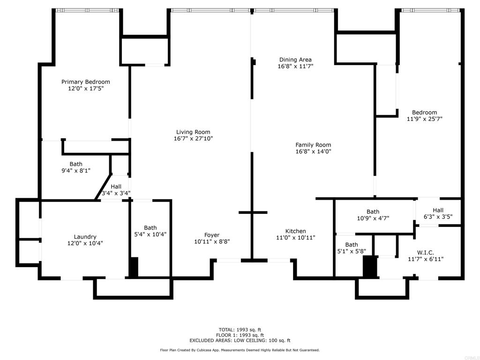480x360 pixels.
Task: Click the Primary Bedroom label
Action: (x=86, y=82)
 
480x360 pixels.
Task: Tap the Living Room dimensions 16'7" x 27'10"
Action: (x=193, y=138)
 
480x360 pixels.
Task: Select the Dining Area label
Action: (x=295, y=60)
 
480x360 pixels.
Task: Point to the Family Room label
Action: (x=313, y=145)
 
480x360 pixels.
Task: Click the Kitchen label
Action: (x=295, y=231)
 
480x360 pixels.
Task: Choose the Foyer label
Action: (x=212, y=235)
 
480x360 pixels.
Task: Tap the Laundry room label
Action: (x=85, y=237)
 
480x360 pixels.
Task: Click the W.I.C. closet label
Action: (x=426, y=253)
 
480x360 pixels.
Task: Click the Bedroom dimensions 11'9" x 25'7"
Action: (x=424, y=119)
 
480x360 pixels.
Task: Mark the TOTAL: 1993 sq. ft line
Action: (x=240, y=330)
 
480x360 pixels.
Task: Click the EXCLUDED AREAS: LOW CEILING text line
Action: (x=240, y=340)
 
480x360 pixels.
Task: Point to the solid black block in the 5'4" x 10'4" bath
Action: (x=134, y=268)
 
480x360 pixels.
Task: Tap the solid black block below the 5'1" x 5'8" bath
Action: (x=370, y=267)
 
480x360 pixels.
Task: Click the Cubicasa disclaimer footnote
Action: (x=240, y=350)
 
